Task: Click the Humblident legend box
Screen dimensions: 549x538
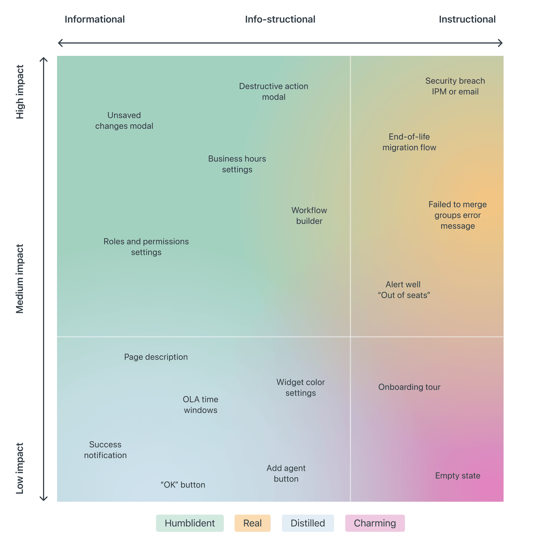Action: pos(190,523)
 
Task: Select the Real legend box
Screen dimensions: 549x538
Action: pos(253,523)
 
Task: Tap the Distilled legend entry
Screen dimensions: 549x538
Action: pos(308,523)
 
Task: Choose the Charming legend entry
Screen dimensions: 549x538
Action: pos(375,523)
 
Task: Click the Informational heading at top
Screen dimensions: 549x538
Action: pos(95,19)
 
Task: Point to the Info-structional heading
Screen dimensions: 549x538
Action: pos(280,19)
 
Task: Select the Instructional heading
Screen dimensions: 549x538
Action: pos(467,19)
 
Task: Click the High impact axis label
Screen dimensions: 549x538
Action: pos(20,92)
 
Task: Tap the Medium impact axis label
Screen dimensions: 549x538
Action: pos(20,279)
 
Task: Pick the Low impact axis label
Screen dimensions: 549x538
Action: pos(20,468)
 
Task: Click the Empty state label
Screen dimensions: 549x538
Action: pos(458,476)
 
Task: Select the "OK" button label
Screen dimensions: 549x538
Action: pos(183,485)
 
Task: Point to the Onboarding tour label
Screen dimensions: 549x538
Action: pos(409,387)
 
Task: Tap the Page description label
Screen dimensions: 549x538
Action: pos(156,357)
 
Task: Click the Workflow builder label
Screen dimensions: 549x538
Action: pos(309,216)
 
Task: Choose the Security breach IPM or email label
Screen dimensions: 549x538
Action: pos(455,86)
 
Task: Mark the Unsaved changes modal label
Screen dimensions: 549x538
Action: pos(124,121)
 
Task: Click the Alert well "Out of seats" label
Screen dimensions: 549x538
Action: pos(403,290)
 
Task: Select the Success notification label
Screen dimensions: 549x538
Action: pos(105,450)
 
